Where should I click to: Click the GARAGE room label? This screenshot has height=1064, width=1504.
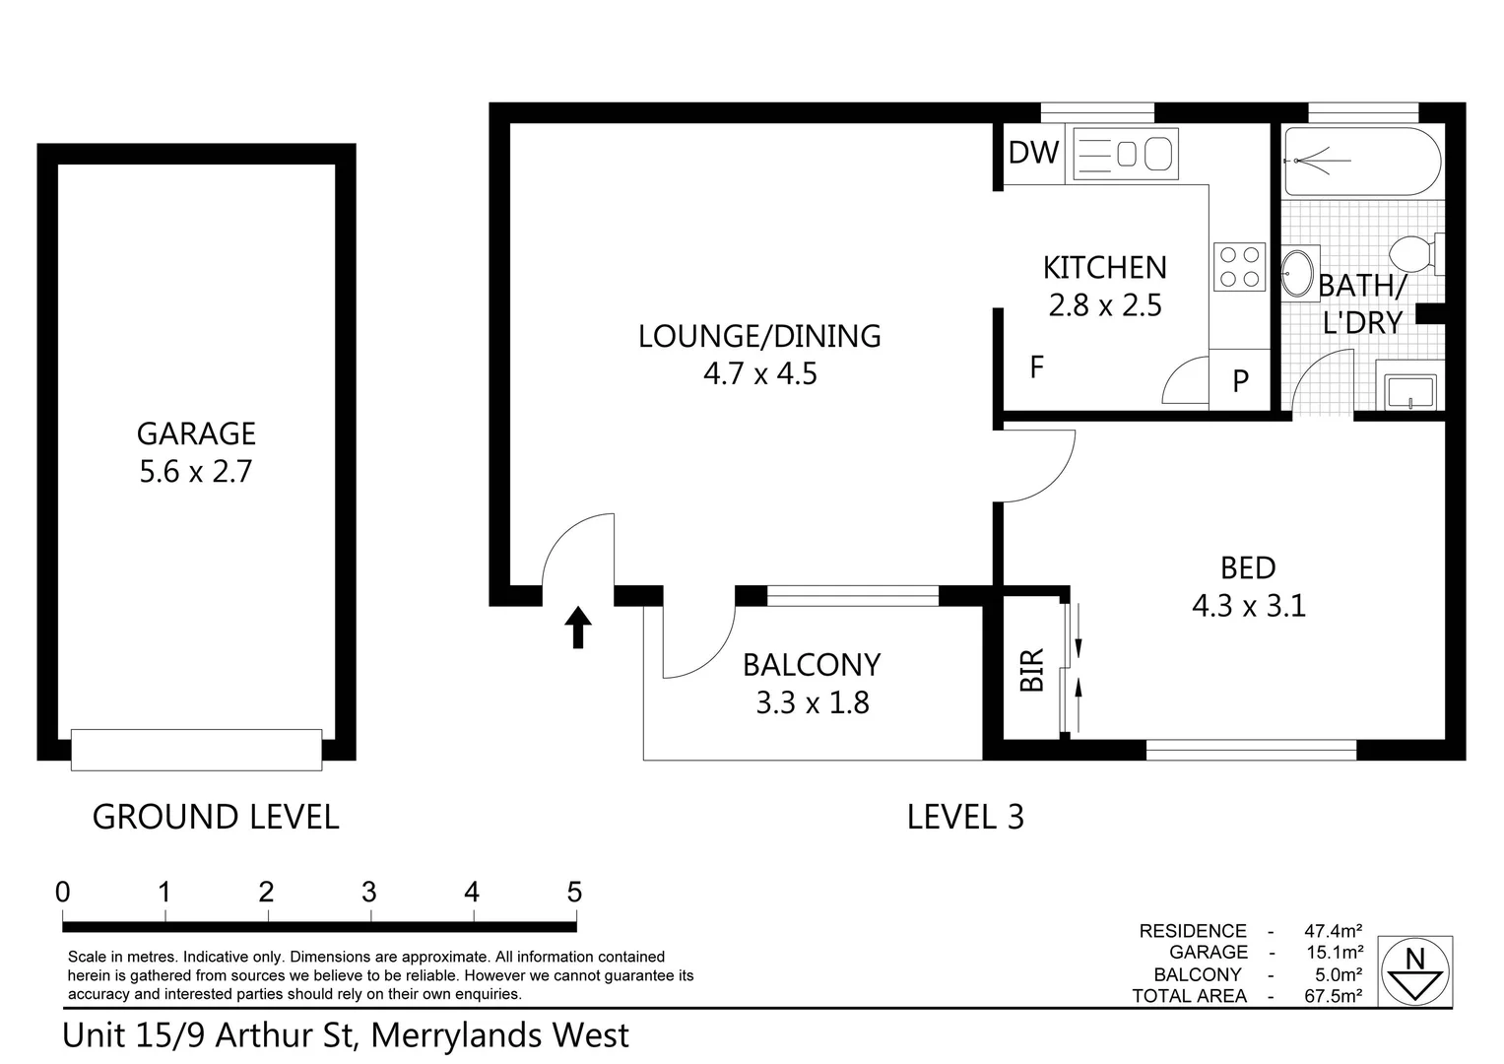pos(196,433)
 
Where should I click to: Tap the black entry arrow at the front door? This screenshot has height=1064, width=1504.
pos(578,627)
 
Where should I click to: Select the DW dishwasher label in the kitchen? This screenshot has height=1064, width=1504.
pos(1033,153)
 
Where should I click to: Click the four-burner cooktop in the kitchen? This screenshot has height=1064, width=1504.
pos(1239,266)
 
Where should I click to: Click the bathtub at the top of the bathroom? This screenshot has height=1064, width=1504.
pos(1361,162)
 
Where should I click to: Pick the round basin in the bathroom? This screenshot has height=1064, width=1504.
pos(1297,273)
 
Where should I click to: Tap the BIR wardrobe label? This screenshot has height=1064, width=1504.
pos(1031,670)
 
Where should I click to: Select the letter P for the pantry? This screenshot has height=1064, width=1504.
pos(1240,380)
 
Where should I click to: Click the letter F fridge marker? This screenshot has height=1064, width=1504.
pos(1036,367)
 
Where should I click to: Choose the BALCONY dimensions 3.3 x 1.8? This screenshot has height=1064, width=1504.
pos(812,703)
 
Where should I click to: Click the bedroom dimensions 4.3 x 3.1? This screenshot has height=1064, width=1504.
pos(1248,605)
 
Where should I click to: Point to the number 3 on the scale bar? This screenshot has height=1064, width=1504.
pos(369,893)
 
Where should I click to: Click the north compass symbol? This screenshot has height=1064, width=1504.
pos(1415,971)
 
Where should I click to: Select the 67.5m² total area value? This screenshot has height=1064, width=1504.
pos(1333,996)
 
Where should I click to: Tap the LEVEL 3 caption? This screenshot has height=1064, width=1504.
pos(964,817)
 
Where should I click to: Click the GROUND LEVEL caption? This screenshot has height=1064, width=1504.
pos(216,817)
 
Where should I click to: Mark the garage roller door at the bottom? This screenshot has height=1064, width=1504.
pos(196,750)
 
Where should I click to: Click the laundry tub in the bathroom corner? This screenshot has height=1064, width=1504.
pos(1410,390)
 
